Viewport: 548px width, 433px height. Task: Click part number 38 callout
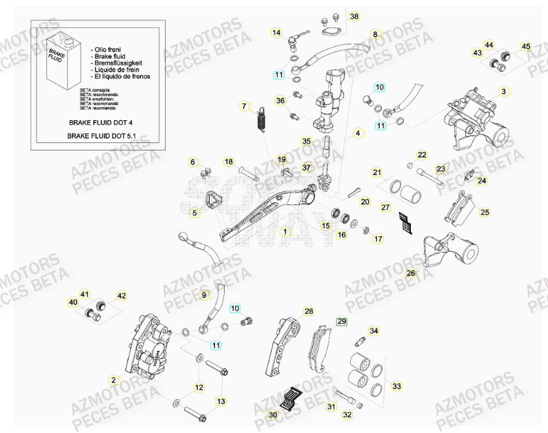point(354,16)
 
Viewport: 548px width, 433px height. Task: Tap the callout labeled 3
point(504,91)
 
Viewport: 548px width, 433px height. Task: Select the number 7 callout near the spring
point(245,106)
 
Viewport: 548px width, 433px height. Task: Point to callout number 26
point(411,273)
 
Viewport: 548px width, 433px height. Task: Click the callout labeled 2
point(113,379)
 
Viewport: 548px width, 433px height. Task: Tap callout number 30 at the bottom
point(273,414)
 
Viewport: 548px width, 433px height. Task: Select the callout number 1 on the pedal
point(285,231)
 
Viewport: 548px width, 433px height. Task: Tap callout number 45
point(526,46)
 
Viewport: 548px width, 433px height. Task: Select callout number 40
point(73,302)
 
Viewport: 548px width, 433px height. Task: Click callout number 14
point(276,33)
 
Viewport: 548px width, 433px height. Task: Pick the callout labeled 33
point(396,387)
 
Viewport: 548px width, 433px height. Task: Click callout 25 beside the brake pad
point(484,212)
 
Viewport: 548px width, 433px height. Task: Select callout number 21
point(377,172)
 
